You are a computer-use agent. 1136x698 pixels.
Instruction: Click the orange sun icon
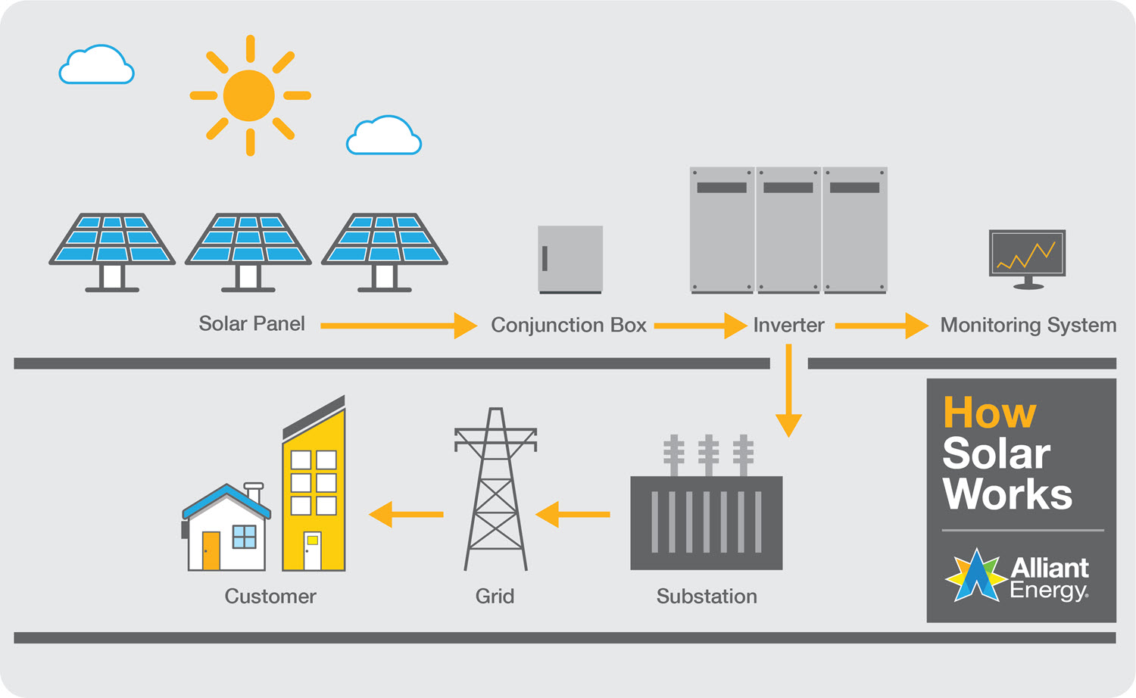249,95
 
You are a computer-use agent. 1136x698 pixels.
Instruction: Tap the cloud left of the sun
97,66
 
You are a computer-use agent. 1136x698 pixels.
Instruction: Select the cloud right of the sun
384,137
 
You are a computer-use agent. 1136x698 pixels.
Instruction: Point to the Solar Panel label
251,324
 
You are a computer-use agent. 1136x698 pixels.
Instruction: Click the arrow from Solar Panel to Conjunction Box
398,326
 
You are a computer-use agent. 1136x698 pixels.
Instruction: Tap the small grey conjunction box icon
570,259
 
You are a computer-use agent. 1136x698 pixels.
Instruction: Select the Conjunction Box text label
569,326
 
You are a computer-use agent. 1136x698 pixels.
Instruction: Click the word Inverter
788,326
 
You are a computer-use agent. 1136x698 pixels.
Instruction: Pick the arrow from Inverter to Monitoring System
881,326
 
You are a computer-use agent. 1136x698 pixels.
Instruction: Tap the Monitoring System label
1028,326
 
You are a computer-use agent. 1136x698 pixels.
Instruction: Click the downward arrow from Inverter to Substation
788,391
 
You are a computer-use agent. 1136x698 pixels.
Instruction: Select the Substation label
707,597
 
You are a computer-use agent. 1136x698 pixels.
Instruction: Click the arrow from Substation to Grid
573,514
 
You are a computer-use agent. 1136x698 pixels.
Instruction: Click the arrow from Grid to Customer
407,514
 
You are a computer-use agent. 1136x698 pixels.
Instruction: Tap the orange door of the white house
211,550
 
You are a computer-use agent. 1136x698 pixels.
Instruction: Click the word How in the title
989,413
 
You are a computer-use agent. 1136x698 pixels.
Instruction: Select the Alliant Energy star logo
976,576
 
